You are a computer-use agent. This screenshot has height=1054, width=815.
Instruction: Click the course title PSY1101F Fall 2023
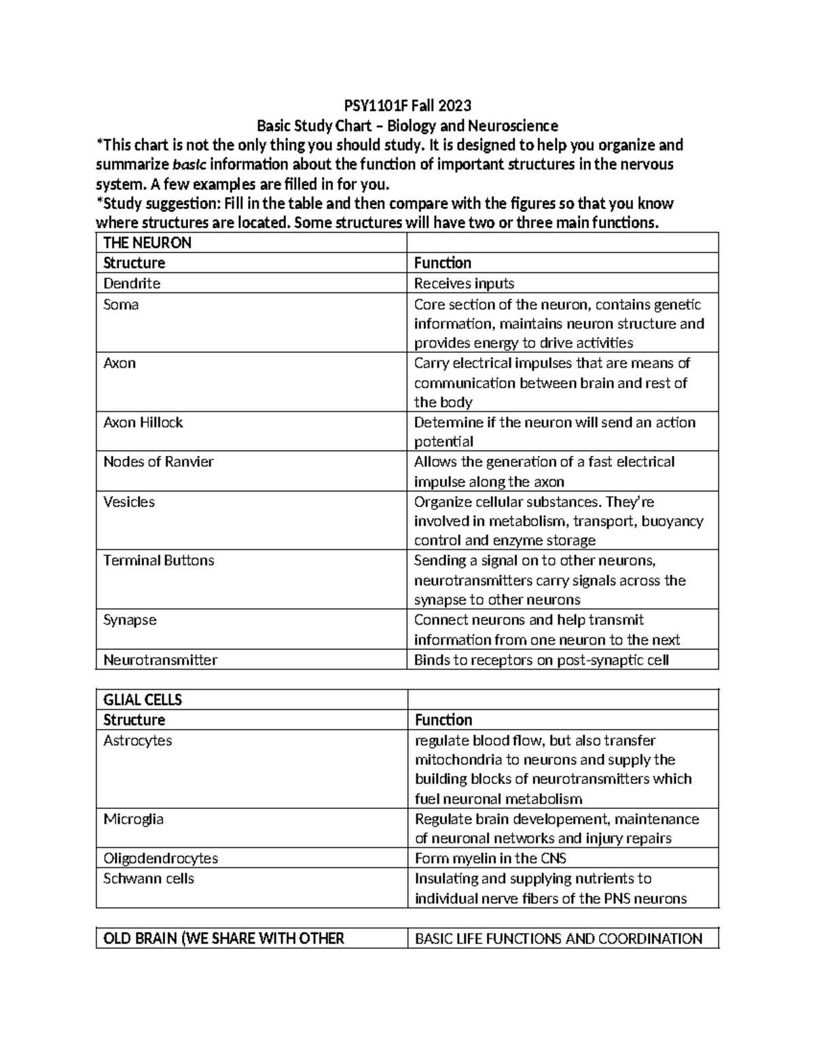pyautogui.click(x=407, y=106)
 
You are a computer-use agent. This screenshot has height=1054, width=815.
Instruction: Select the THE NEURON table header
pyautogui.click(x=147, y=243)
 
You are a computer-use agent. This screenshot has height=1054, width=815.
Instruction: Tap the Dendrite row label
pyautogui.click(x=132, y=283)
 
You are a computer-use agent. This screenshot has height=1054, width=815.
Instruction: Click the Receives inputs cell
pyautogui.click(x=464, y=283)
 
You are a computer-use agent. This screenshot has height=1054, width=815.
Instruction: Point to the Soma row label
pyautogui.click(x=121, y=305)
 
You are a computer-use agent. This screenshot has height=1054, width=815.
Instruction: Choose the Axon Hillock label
pyautogui.click(x=143, y=422)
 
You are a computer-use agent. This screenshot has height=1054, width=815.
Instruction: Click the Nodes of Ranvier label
pyautogui.click(x=158, y=462)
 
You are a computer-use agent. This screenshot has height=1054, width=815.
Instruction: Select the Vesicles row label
pyautogui.click(x=129, y=502)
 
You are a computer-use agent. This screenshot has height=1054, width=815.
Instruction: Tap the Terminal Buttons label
pyautogui.click(x=158, y=561)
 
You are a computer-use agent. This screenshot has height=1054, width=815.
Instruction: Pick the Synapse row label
pyautogui.click(x=130, y=620)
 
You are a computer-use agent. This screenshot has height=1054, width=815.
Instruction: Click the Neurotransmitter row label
pyautogui.click(x=160, y=660)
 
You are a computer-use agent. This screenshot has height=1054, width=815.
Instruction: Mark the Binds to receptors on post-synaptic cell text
pyautogui.click(x=541, y=660)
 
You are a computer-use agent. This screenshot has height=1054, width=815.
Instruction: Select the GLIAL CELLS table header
pyautogui.click(x=143, y=700)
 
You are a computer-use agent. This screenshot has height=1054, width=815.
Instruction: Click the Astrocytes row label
pyautogui.click(x=138, y=740)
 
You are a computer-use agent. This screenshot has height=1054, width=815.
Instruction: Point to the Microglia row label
pyautogui.click(x=133, y=819)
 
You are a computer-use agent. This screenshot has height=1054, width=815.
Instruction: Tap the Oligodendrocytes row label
pyautogui.click(x=160, y=859)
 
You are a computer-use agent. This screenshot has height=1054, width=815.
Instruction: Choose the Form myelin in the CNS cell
pyautogui.click(x=490, y=859)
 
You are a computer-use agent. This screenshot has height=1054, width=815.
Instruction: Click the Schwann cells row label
pyautogui.click(x=149, y=879)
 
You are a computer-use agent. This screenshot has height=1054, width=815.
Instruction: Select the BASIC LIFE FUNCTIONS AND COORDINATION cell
pyautogui.click(x=558, y=939)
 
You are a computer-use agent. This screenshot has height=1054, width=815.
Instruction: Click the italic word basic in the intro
pyautogui.click(x=191, y=165)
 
